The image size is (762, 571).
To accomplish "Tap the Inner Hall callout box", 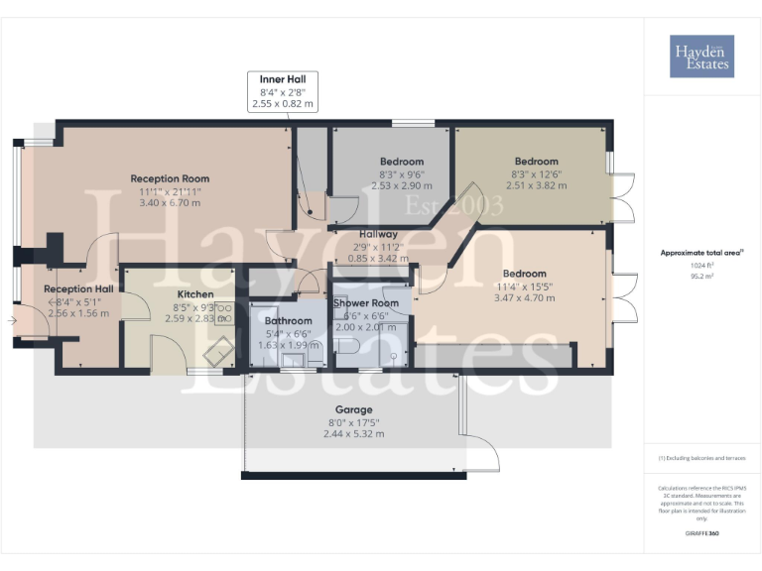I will pyautogui.click(x=284, y=90).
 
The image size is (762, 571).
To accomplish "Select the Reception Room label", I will pyautogui.click(x=170, y=178).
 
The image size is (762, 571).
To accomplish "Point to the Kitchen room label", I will pyautogui.click(x=195, y=294).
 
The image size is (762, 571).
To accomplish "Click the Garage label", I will pyautogui.click(x=354, y=409).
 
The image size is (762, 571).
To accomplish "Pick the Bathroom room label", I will pyautogui.click(x=289, y=321).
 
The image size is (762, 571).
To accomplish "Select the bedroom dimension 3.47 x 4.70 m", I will pyautogui.click(x=524, y=297).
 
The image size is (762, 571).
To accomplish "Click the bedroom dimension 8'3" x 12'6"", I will pyautogui.click(x=537, y=173).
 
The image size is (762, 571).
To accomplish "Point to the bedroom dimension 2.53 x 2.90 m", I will pyautogui.click(x=402, y=185).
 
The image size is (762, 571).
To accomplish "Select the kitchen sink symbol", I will pyautogui.click(x=222, y=347).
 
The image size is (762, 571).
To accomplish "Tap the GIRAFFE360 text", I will pyautogui.click(x=701, y=534).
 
